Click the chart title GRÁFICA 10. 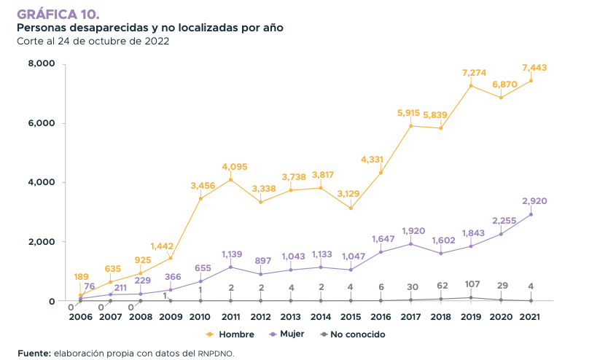tap(58, 14)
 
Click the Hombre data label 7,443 tap(534, 68)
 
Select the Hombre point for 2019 tap(471, 85)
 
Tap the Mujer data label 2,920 tap(534, 200)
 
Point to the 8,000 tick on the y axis tap(42, 64)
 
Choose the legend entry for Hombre tap(230, 334)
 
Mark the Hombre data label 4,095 tap(230, 166)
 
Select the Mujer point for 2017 tap(411, 243)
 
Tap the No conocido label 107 tap(471, 284)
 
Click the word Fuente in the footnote tap(34, 353)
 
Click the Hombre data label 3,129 tap(351, 193)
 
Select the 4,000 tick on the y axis tap(42, 183)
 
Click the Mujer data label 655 tap(200, 267)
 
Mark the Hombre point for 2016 tap(381, 173)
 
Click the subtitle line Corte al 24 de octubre tap(93, 41)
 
